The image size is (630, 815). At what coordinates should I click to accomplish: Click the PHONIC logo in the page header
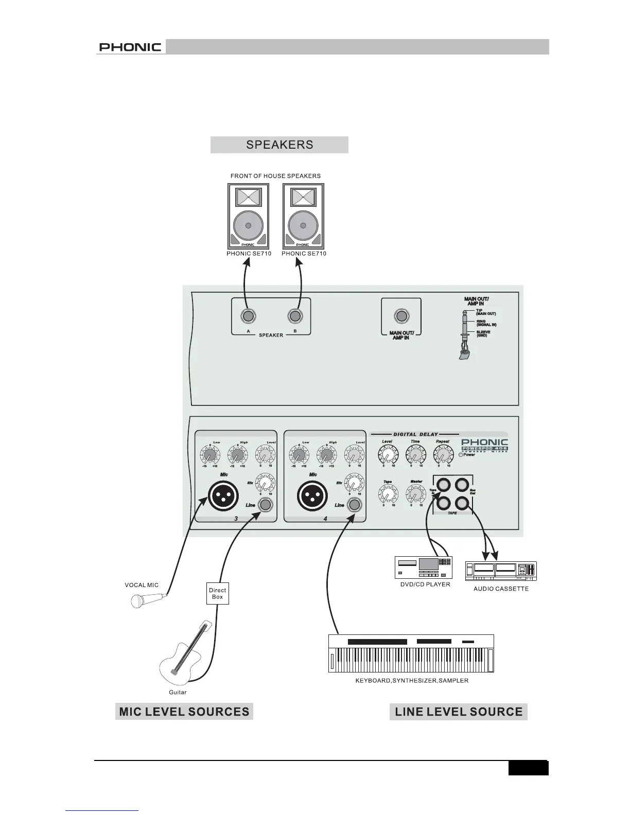[130, 47]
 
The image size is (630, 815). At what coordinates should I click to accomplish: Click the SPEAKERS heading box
[279, 145]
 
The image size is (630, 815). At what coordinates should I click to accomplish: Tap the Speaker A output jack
[248, 316]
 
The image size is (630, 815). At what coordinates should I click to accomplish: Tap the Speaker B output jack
[295, 316]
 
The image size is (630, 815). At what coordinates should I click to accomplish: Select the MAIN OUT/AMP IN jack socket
[401, 316]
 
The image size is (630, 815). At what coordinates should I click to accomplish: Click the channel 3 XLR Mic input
[224, 497]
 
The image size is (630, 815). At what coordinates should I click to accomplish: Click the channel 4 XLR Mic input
[313, 497]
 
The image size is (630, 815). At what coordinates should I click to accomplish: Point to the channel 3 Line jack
[266, 505]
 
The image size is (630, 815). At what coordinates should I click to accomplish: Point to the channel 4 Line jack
[355, 505]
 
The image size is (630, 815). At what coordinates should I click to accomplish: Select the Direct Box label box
[218, 594]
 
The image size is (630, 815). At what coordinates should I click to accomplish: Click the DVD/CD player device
[423, 568]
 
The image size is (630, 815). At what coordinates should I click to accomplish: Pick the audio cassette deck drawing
[501, 571]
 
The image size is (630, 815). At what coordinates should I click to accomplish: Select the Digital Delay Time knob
[415, 454]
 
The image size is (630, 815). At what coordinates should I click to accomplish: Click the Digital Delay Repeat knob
[442, 454]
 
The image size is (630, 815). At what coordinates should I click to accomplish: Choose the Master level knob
[415, 494]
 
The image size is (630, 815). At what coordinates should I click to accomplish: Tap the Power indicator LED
[462, 455]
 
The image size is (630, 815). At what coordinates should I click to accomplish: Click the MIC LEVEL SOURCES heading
[184, 712]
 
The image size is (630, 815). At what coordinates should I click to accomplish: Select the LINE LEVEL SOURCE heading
[459, 712]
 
